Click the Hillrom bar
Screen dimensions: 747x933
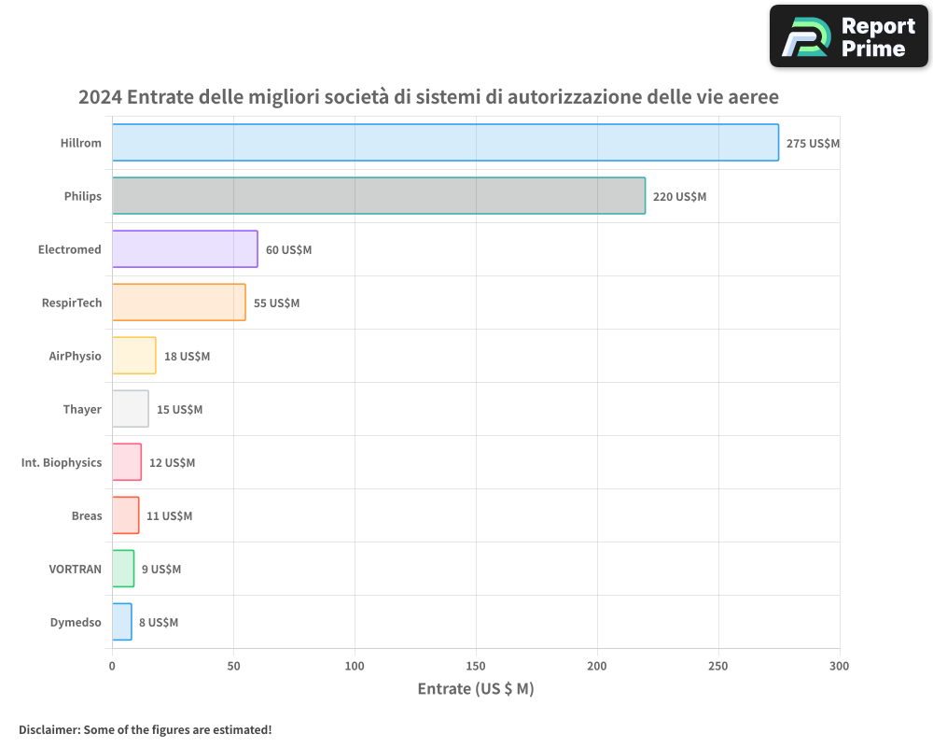445,143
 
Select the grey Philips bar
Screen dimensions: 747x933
379,196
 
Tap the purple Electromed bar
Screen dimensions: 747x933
185,249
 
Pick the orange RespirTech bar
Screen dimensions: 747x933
179,303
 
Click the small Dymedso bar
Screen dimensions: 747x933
122,622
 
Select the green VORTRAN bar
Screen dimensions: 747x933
123,569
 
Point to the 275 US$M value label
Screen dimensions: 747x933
814,144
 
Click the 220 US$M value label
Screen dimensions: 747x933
679,197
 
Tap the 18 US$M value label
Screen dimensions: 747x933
187,357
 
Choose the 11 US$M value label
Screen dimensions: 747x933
169,516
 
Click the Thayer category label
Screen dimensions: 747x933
82,410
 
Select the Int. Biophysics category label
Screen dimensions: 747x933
62,463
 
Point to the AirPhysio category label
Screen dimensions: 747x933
76,357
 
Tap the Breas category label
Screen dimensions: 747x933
87,516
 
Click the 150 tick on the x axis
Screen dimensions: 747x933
476,667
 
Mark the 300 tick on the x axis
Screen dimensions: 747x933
840,667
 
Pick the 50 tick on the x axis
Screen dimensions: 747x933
233,667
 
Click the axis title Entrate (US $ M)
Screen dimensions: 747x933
476,689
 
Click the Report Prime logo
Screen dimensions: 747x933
849,36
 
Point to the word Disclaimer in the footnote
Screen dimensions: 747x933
49,729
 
